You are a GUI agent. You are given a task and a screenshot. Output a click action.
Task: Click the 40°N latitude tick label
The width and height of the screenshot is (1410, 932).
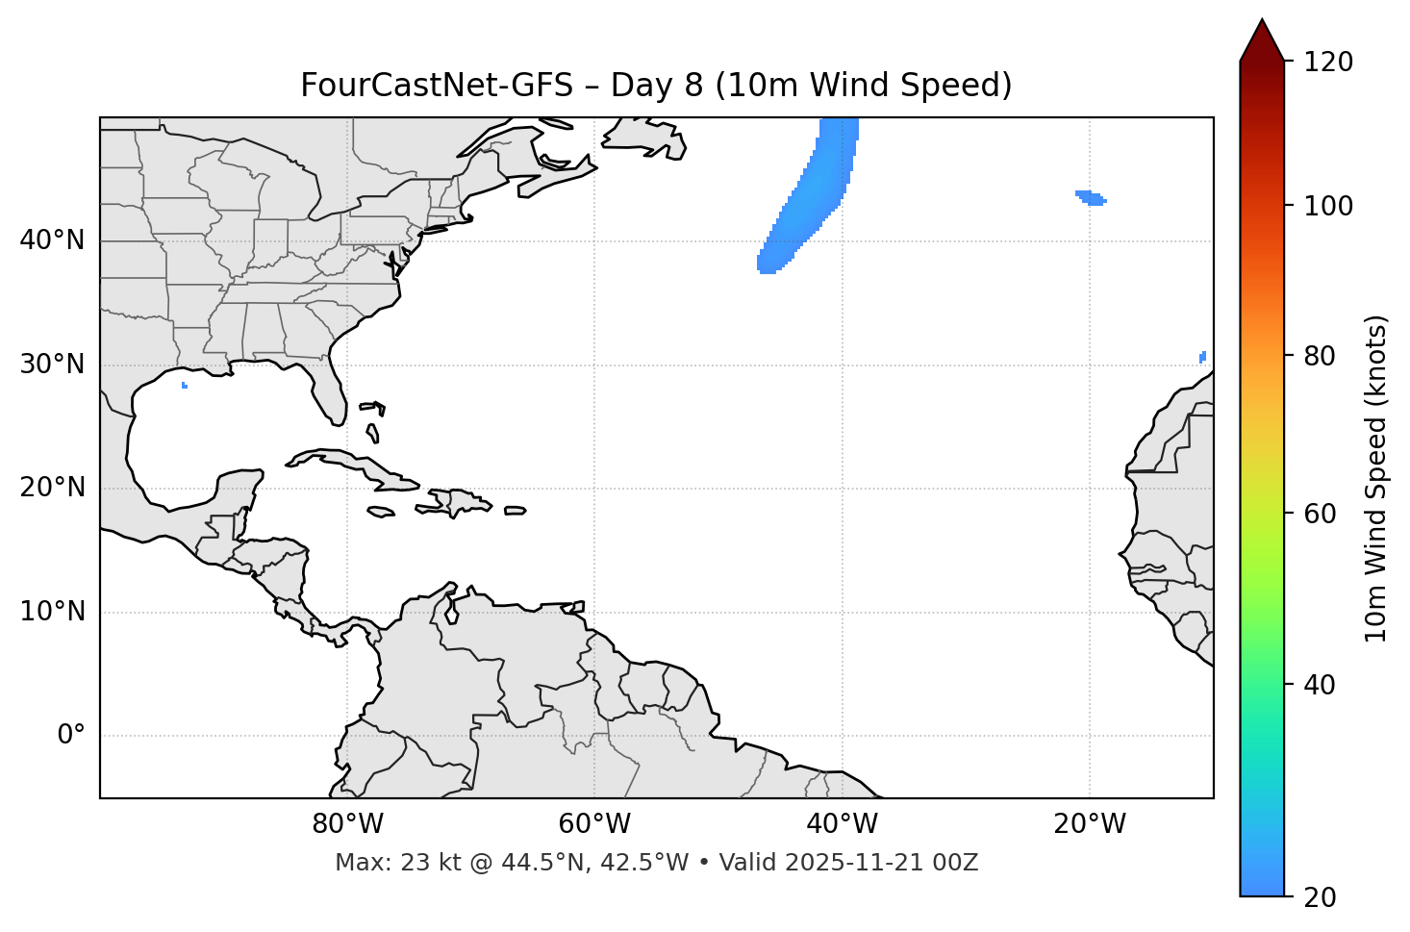pyautogui.click(x=52, y=240)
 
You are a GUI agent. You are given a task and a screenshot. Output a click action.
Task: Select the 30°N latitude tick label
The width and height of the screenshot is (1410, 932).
pyautogui.click(x=52, y=365)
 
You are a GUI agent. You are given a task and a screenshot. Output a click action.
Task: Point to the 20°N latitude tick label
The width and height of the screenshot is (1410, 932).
pyautogui.click(x=52, y=488)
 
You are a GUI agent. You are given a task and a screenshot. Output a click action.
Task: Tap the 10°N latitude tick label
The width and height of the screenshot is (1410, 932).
pyautogui.click(x=52, y=612)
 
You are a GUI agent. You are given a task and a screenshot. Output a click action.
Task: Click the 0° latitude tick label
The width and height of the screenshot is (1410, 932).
pyautogui.click(x=71, y=736)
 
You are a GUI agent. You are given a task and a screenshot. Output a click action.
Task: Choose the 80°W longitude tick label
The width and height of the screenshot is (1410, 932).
pyautogui.click(x=347, y=824)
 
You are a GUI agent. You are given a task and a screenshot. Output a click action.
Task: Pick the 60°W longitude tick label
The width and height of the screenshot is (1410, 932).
pyautogui.click(x=594, y=824)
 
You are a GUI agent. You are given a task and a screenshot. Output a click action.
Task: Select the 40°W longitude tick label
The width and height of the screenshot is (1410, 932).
pyautogui.click(x=842, y=824)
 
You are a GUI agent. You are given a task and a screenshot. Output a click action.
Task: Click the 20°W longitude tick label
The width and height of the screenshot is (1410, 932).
pyautogui.click(x=1090, y=824)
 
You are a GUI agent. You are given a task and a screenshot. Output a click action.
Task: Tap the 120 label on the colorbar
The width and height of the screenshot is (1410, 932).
pyautogui.click(x=1328, y=63)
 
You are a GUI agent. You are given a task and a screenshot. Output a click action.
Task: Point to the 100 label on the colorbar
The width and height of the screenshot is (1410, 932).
pyautogui.click(x=1328, y=206)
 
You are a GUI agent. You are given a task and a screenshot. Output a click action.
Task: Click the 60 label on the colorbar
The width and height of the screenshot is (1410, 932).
pyautogui.click(x=1322, y=514)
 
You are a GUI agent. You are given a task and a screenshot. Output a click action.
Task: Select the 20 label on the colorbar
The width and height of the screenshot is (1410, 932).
pyautogui.click(x=1322, y=897)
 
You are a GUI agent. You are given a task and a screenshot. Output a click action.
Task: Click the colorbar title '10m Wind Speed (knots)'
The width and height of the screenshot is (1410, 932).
pyautogui.click(x=1376, y=478)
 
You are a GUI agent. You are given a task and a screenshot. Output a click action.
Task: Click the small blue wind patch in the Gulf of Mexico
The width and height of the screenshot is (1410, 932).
pyautogui.click(x=185, y=386)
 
